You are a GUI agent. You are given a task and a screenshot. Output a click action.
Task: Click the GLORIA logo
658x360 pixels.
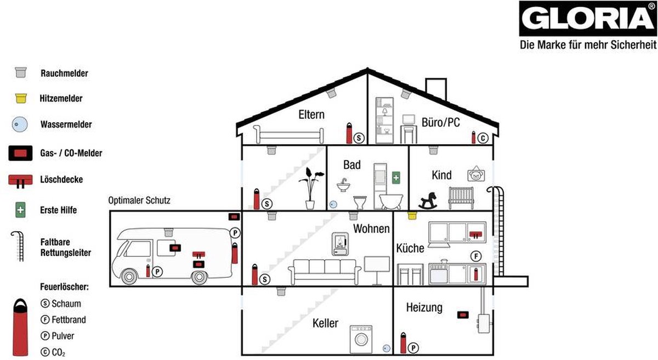[588, 19]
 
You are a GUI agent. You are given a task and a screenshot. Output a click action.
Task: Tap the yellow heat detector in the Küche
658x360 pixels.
[412, 215]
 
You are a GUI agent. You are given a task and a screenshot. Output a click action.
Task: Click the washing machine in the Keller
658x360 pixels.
[361, 339]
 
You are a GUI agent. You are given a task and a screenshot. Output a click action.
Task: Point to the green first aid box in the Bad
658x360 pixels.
[396, 178]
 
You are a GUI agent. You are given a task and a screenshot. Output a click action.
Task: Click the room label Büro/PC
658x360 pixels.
[441, 122]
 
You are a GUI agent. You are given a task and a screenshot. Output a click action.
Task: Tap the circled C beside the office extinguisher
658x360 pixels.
[483, 138]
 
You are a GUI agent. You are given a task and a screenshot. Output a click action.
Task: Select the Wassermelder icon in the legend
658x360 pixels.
[20, 124]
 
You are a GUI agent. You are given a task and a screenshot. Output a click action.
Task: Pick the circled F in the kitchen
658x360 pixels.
[476, 256]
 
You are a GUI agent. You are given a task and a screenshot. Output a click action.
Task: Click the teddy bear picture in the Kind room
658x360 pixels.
[476, 174]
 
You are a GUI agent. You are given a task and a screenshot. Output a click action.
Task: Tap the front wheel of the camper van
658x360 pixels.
[129, 276]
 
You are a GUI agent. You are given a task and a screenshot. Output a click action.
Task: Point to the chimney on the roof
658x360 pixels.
[436, 88]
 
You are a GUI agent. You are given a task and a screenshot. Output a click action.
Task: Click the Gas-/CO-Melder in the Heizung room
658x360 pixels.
[463, 315]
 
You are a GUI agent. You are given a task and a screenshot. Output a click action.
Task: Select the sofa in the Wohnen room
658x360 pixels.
[325, 272]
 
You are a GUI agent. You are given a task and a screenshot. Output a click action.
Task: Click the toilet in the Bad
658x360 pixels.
[360, 202]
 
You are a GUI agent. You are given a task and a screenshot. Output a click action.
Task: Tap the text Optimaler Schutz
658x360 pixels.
[139, 200]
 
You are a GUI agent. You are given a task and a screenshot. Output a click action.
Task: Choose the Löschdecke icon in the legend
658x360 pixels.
[20, 181]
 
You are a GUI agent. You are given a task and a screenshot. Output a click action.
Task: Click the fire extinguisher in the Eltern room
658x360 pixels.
[349, 133]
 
